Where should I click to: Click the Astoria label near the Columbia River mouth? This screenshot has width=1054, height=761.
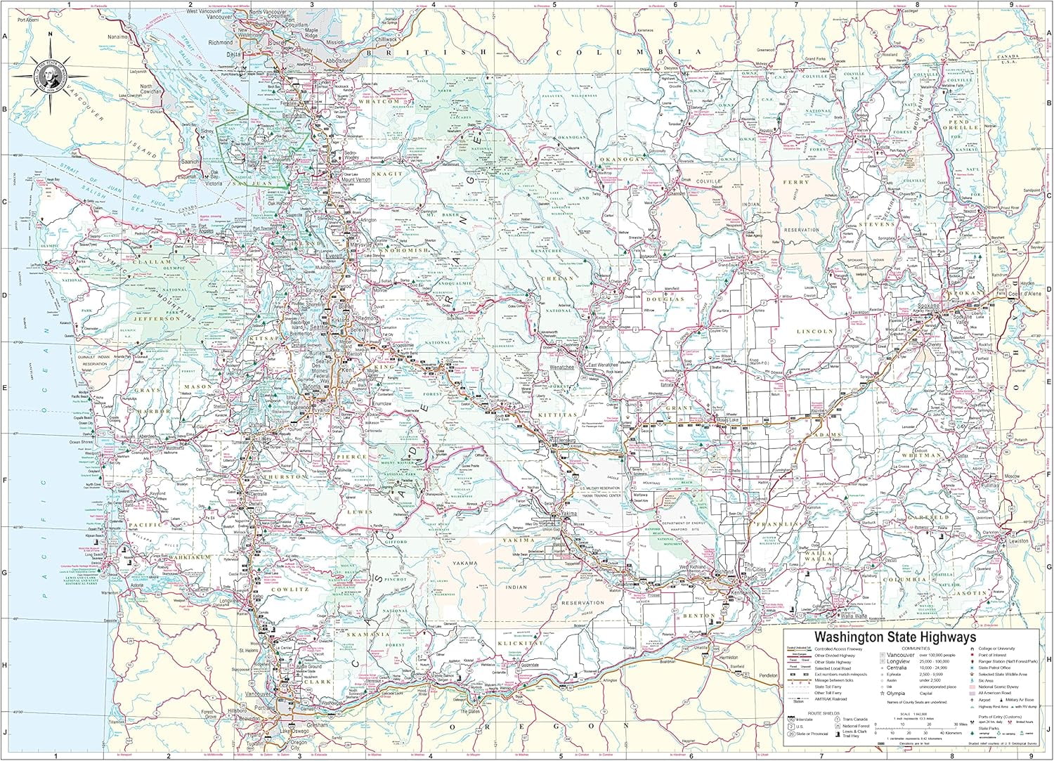(x=136, y=585)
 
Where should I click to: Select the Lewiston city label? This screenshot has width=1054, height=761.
(x=1017, y=541)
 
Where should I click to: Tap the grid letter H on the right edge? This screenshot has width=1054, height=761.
(x=1048, y=660)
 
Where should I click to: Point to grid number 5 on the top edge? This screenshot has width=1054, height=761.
(x=554, y=4)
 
